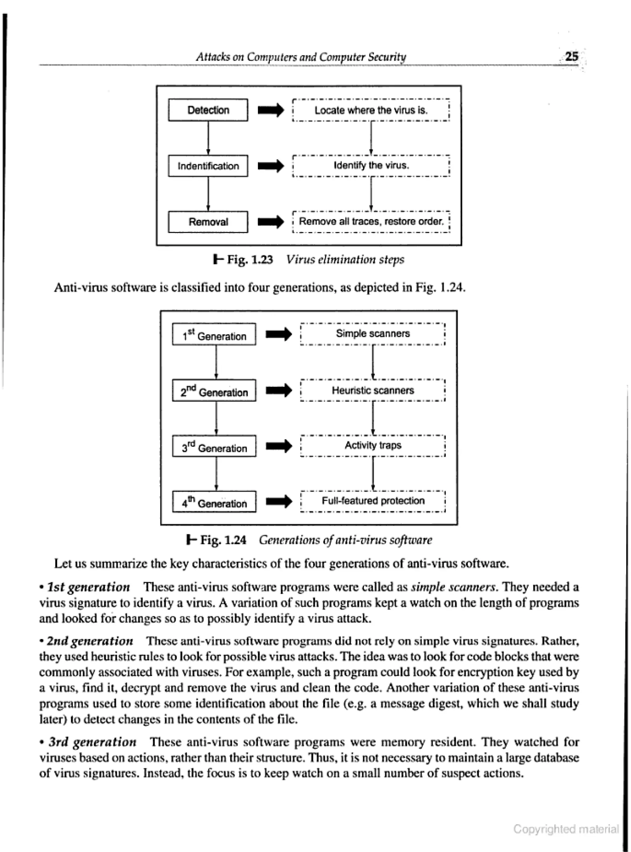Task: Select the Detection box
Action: [208, 110]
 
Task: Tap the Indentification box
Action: [208, 166]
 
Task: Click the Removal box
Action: [208, 222]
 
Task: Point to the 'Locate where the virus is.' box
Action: [371, 110]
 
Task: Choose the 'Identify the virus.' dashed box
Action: [371, 166]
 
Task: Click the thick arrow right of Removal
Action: [271, 222]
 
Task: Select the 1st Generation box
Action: [214, 335]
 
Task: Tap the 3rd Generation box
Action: [214, 446]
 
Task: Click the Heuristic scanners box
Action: [373, 390]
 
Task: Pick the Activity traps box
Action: [373, 445]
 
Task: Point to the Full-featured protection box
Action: [373, 501]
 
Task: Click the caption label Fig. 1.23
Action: [250, 260]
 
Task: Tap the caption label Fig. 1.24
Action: [223, 540]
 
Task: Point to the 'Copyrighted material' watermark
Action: [566, 829]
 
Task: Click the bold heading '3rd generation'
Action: [92, 742]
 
